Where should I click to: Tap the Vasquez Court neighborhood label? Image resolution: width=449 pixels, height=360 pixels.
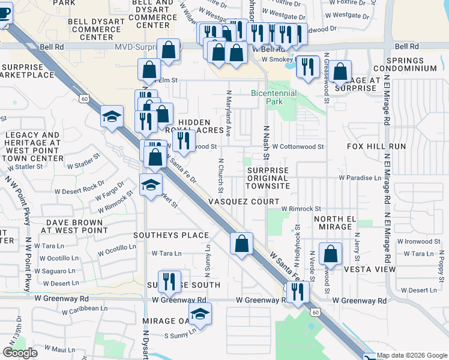(x=244, y=202)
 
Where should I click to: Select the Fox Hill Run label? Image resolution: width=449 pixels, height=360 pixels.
(x=376, y=146)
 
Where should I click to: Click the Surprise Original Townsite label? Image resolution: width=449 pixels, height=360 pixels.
(x=268, y=178)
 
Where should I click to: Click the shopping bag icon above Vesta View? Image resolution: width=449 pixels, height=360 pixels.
(x=330, y=253)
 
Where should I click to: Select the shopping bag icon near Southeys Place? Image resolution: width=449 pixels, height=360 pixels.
(x=241, y=244)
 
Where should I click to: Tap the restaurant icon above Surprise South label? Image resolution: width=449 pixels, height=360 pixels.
(x=170, y=281)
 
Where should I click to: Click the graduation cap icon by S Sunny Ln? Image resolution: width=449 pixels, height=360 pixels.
(x=200, y=313)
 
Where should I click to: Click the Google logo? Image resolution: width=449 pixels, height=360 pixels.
(x=20, y=353)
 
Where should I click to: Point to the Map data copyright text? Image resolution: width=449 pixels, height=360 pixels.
(x=412, y=355)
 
